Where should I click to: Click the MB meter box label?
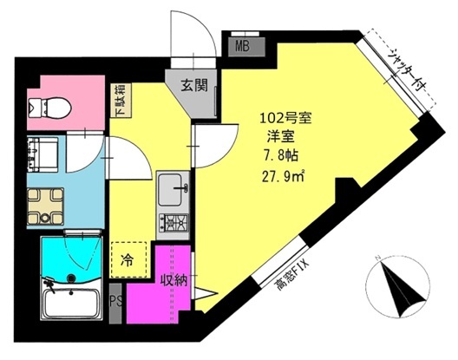(242, 46)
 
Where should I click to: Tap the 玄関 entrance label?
(194, 86)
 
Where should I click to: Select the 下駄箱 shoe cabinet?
(121, 101)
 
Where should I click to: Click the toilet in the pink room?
(49, 108)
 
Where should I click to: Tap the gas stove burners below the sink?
(173, 223)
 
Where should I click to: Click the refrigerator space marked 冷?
(128, 259)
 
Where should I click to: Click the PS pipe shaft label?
(115, 302)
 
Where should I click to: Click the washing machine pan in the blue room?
(46, 206)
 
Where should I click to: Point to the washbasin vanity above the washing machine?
(43, 154)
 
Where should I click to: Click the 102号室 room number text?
(285, 119)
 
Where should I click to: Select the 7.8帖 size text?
(281, 156)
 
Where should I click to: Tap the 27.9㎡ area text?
(283, 176)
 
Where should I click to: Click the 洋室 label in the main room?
(280, 137)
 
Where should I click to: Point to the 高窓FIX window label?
(292, 276)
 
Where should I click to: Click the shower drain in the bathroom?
(70, 278)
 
